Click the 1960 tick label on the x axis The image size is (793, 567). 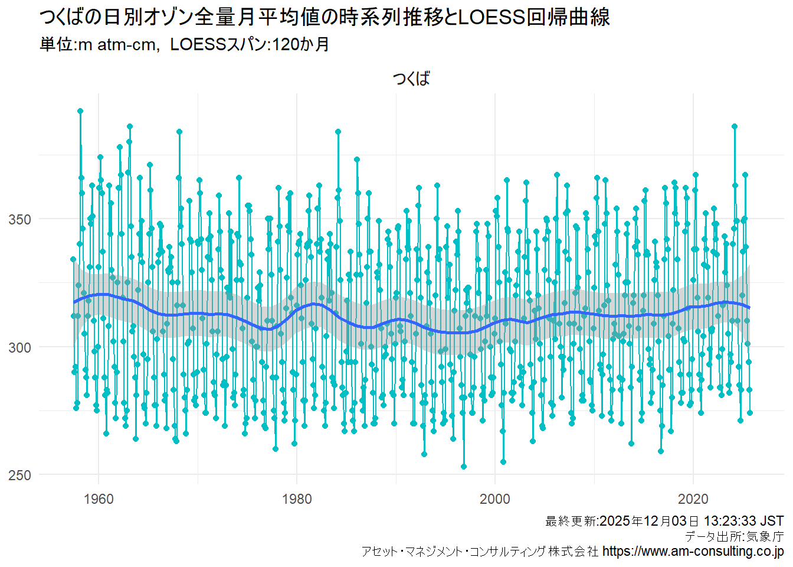coord(99,499)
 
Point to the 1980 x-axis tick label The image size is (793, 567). coord(297,499)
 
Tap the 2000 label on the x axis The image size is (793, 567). coord(494,499)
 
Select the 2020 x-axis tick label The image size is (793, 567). coord(693,499)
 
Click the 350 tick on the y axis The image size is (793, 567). coord(19,220)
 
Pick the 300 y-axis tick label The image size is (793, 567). coord(19,347)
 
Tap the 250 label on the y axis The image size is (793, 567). coord(19,475)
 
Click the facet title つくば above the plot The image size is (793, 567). coord(411,79)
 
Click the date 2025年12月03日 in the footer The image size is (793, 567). coord(649,521)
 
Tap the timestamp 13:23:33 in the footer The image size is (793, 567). coord(730,521)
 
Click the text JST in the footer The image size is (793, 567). coord(772,521)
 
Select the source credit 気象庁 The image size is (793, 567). coord(765,536)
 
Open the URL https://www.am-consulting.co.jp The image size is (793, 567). coord(693,552)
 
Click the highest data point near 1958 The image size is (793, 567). coord(80,111)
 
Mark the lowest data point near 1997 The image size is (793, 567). coord(464,467)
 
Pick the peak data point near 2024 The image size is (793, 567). coord(735,126)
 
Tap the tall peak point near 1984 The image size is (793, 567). coord(338,132)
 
